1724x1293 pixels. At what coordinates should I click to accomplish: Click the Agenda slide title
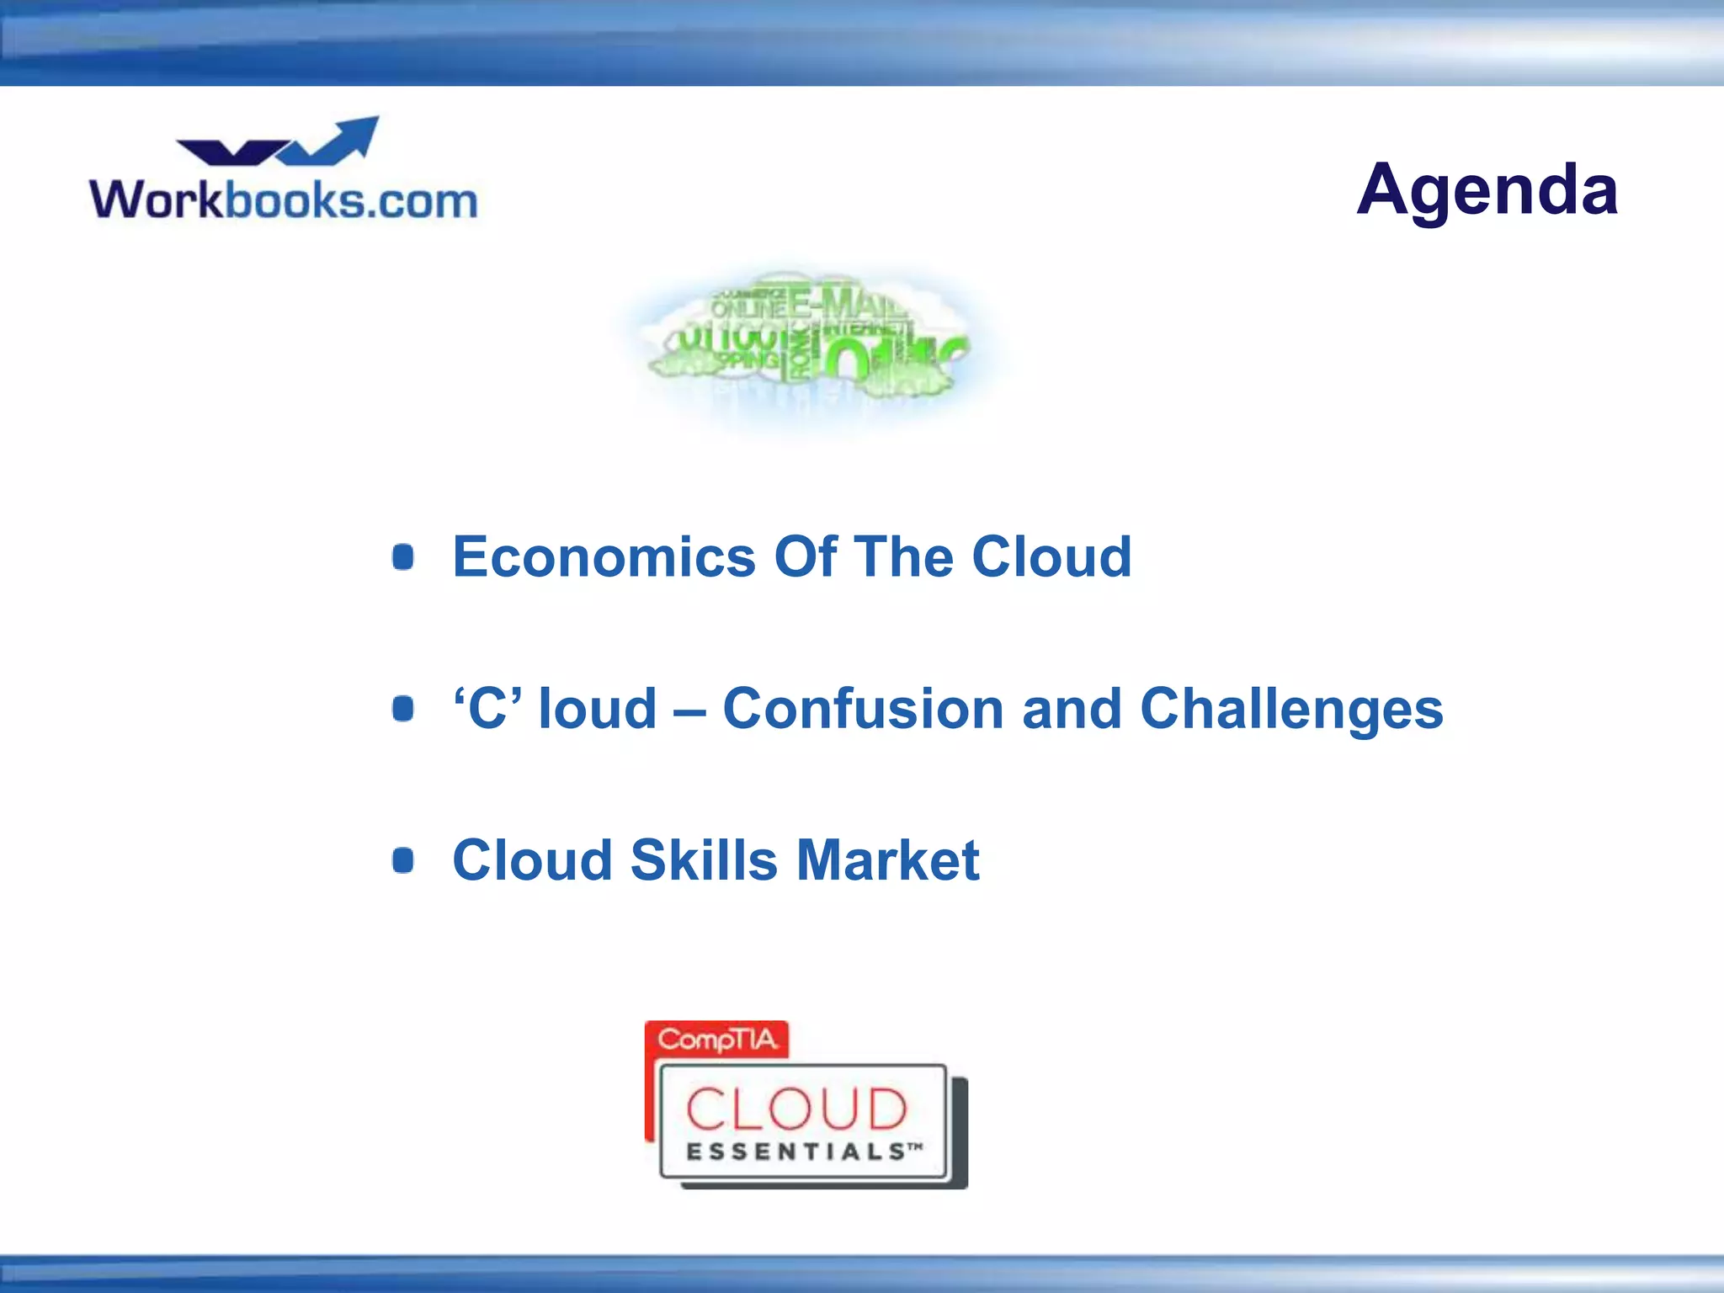coord(1487,190)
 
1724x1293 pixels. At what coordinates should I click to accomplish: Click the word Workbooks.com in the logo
coord(284,200)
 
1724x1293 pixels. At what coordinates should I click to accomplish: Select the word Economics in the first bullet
coord(604,557)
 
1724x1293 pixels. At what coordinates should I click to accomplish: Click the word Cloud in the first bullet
coord(1051,557)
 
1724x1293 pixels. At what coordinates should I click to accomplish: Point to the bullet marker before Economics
coord(403,557)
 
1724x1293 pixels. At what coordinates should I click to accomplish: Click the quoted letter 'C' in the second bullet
coord(487,709)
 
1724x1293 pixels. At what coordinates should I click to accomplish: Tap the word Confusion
coord(863,709)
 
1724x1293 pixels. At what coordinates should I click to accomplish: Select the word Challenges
coord(1291,709)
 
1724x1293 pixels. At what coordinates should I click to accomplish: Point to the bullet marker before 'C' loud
coord(403,709)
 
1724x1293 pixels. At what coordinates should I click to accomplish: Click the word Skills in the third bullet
coord(704,860)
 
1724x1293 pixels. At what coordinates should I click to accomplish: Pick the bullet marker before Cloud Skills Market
coord(403,860)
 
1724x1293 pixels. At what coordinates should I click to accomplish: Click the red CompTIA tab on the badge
coord(716,1040)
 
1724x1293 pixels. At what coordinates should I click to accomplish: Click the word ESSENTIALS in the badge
coord(795,1152)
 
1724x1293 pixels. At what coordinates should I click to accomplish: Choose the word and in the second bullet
coord(1072,709)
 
